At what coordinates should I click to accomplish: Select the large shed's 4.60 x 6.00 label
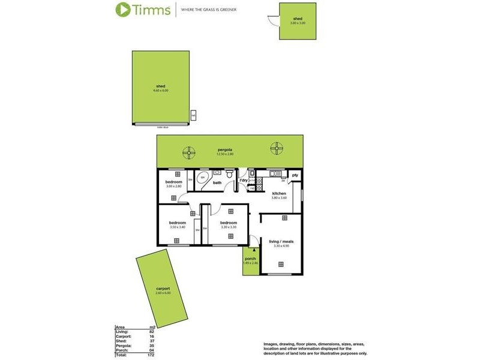click(160, 91)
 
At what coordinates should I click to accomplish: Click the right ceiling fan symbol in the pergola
click(277, 148)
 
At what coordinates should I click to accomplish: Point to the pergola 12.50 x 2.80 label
click(225, 152)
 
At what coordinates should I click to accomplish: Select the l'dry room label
click(244, 181)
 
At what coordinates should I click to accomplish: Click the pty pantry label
click(295, 175)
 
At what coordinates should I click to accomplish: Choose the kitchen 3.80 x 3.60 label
click(279, 195)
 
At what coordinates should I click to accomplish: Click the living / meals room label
click(281, 243)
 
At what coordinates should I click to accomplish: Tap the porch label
click(250, 259)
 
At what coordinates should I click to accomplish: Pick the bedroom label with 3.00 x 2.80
click(174, 184)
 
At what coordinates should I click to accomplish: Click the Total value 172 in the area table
click(151, 355)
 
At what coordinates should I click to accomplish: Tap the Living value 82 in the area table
click(152, 332)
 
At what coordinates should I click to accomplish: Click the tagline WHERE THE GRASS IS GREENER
click(221, 10)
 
